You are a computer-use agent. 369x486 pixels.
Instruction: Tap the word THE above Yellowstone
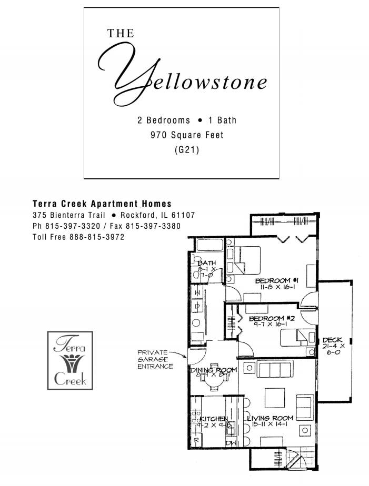121,34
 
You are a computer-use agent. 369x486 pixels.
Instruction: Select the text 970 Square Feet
187,135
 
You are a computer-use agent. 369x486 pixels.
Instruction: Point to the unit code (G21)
187,150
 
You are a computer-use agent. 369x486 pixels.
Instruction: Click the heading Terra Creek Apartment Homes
102,204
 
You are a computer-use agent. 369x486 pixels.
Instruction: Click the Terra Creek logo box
70,360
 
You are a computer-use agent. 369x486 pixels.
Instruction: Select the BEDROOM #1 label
277,281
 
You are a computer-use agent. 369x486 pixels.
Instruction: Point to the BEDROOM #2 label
272,319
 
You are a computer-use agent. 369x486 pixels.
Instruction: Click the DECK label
333,340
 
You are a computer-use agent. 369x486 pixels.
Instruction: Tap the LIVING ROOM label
271,418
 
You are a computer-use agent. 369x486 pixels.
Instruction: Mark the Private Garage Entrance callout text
155,359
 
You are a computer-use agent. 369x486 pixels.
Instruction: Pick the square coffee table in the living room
274,396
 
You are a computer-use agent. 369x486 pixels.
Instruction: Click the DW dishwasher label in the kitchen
230,443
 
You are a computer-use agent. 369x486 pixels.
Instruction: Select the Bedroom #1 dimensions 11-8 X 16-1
277,288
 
